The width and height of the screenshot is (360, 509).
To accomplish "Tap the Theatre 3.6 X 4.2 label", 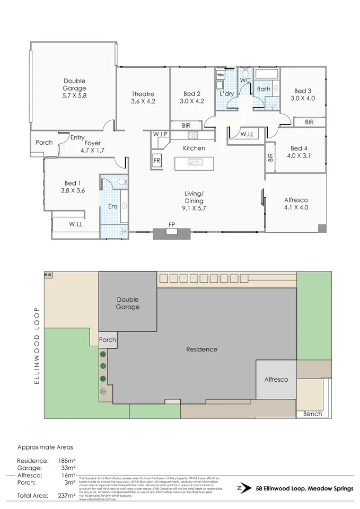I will (x=143, y=98).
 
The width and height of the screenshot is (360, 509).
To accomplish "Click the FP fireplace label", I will (x=171, y=225).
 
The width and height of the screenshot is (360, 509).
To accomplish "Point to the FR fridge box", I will (x=157, y=160).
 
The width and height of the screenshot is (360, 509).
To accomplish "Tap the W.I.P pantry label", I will (x=161, y=135).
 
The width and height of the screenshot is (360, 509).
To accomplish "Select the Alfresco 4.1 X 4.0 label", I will (x=296, y=204).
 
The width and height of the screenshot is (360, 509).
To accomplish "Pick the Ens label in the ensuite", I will (x=113, y=206).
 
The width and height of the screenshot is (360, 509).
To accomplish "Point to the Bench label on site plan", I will (x=312, y=414).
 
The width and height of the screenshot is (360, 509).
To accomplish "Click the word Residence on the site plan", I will (x=201, y=349).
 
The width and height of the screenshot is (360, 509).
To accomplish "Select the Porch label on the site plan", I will (x=108, y=340).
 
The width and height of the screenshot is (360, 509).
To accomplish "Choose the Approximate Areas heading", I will (x=45, y=447).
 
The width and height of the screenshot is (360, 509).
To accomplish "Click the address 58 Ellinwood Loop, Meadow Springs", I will (x=304, y=489).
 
